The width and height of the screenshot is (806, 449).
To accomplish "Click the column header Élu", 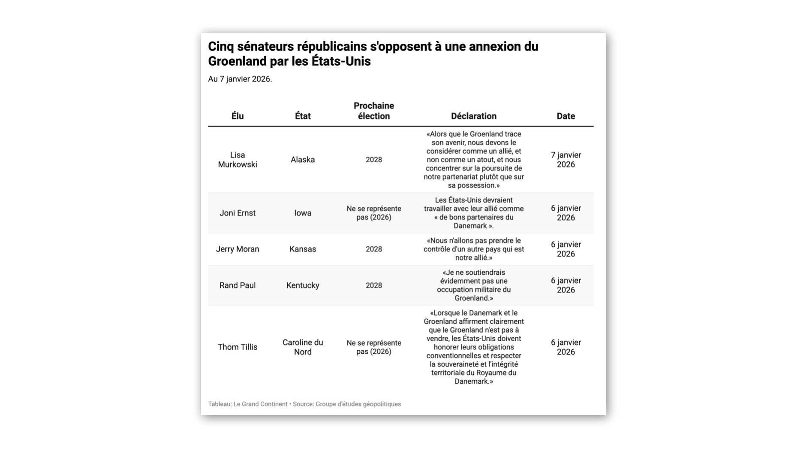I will click(237, 116).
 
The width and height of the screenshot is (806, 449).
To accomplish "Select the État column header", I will click(303, 116).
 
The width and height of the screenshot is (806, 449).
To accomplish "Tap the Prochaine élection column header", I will click(373, 111).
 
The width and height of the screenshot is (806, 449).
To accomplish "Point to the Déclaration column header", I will click(473, 116).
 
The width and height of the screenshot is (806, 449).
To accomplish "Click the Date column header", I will click(565, 116).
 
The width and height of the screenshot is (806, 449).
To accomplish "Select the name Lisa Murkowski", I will click(237, 160).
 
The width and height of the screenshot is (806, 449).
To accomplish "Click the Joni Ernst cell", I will click(237, 213).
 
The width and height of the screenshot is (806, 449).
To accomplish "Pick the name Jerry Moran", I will click(237, 249).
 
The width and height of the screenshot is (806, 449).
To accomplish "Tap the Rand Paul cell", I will click(237, 285).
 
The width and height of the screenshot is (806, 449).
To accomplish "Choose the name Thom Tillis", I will click(237, 347).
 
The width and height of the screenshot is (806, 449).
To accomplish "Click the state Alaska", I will click(303, 160).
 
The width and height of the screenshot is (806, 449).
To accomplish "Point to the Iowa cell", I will click(303, 213).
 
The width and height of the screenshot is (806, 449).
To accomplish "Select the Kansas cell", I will click(303, 249).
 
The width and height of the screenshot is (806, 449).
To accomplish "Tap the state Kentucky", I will click(303, 285).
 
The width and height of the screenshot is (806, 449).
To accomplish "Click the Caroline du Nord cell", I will click(303, 347).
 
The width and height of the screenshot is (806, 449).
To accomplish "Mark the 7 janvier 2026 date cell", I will click(565, 160).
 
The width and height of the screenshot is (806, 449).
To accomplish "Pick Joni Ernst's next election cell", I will click(373, 213).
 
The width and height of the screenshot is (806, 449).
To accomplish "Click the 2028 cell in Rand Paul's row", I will click(373, 285).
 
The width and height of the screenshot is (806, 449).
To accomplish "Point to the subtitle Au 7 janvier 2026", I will click(240, 79).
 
